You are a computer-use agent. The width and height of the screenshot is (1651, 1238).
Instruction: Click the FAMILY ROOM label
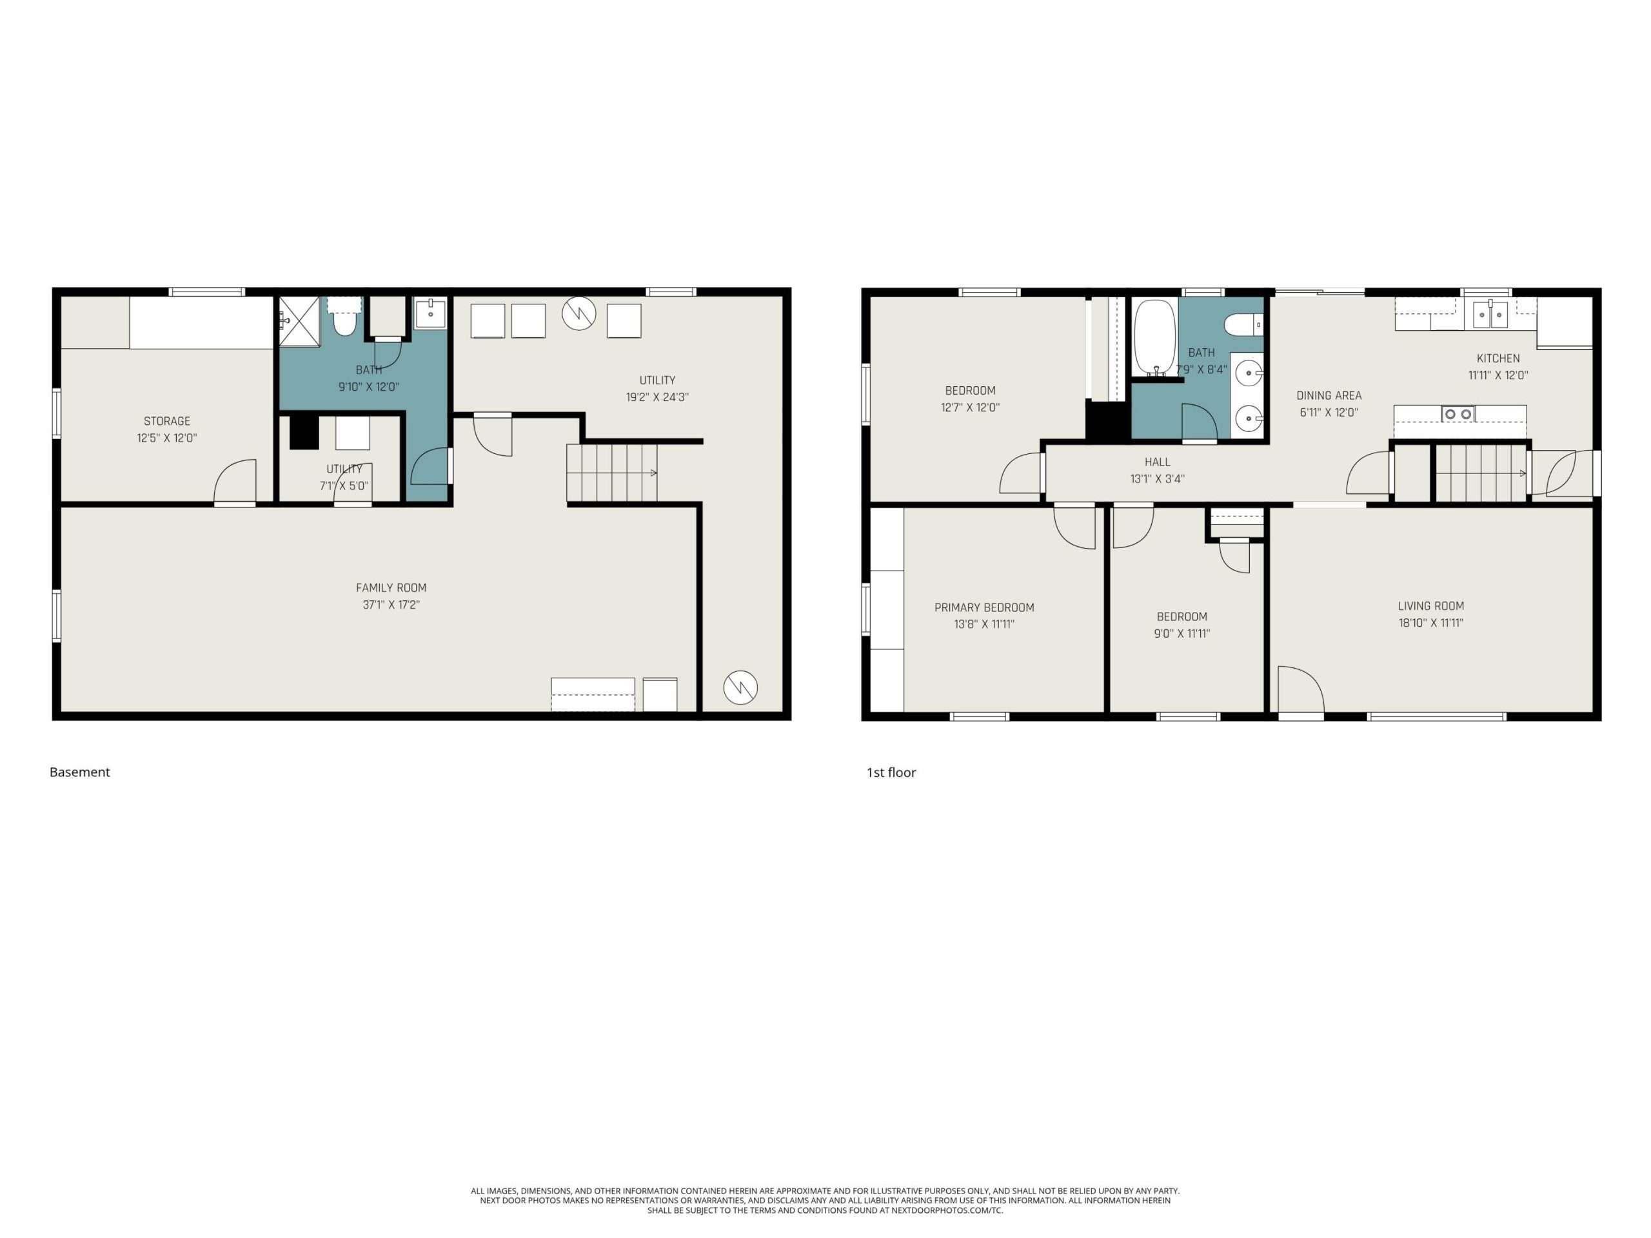(x=391, y=588)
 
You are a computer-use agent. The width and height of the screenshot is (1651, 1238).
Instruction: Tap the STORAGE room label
(x=167, y=422)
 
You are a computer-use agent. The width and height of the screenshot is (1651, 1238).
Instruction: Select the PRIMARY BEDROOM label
(x=985, y=607)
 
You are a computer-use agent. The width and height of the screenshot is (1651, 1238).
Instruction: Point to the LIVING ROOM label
(x=1431, y=606)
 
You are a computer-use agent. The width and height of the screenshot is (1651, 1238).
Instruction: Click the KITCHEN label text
(x=1498, y=359)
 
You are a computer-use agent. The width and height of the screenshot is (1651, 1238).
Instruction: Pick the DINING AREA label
(x=1329, y=395)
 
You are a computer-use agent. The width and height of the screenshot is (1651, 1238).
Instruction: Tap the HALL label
(x=1158, y=462)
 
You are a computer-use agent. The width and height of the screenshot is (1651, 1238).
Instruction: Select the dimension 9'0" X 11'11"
(x=1182, y=634)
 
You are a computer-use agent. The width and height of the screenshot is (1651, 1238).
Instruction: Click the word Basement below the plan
(x=80, y=772)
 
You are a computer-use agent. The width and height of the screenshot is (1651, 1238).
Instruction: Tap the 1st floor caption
(x=891, y=772)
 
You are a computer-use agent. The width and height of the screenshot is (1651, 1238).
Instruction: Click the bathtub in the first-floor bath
(x=1154, y=338)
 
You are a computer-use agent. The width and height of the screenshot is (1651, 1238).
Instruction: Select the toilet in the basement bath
(x=344, y=319)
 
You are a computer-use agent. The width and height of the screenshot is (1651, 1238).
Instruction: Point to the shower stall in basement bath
(x=299, y=322)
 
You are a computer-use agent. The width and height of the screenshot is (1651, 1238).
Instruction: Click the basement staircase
(x=612, y=473)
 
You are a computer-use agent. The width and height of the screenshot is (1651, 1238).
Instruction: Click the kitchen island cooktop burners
(x=1458, y=414)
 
